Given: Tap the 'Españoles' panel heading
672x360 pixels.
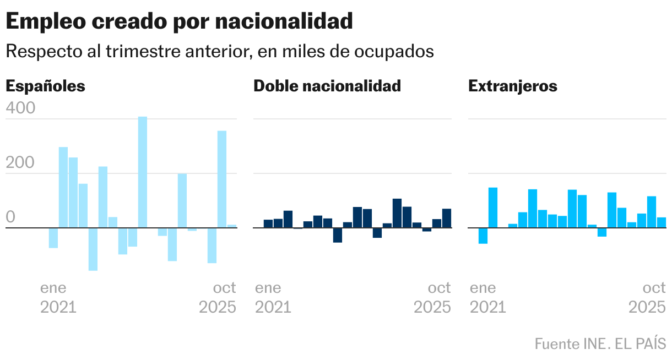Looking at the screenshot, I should click(45, 86).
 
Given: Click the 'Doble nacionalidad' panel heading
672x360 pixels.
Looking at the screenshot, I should click(327, 86).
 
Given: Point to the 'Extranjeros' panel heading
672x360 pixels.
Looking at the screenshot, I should click(512, 86).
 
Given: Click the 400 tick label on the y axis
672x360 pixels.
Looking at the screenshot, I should click(20, 108).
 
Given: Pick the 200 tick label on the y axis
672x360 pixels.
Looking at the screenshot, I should click(20, 163).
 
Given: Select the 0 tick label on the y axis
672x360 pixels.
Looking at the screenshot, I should click(10, 217).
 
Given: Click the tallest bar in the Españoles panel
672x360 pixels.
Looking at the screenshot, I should click(143, 172).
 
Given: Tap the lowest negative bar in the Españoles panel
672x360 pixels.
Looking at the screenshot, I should click(93, 249).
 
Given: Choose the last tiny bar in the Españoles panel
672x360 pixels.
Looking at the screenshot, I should click(232, 226).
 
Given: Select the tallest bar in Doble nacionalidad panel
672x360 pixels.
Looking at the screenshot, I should click(397, 213).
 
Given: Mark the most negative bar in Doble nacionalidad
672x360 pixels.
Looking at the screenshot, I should click(338, 235).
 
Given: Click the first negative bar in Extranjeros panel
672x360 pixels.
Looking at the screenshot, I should click(483, 236).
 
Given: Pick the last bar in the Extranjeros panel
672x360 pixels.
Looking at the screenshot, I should click(662, 222).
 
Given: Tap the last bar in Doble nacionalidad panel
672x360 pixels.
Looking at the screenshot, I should click(447, 218).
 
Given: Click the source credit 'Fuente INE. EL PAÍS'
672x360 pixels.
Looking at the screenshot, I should click(600, 344).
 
